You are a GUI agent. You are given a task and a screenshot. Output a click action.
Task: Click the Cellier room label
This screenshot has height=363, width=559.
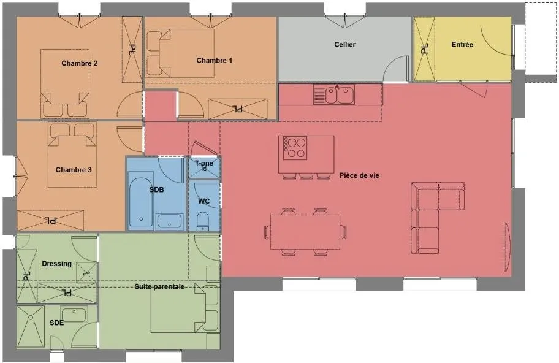pos(344,45)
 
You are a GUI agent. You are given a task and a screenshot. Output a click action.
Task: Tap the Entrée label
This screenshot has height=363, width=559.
pos(462,45)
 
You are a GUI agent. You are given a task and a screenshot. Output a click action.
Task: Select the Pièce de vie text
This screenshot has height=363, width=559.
pos(359,175)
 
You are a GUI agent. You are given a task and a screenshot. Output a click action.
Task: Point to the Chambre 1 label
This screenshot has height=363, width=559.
pos(215,61)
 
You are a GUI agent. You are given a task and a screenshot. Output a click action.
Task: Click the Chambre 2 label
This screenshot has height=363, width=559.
pos(80,64)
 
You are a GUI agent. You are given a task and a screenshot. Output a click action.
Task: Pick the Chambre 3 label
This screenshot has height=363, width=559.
pos(74,170)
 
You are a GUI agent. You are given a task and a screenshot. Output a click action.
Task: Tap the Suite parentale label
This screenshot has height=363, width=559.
pos(159,287)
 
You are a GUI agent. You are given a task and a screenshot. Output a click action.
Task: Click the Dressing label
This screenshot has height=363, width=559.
pos(56,264)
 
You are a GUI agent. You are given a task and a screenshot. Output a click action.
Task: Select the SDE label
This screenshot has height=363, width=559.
pos(56,323)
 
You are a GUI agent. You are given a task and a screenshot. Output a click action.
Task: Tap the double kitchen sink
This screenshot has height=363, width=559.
pos(334,94)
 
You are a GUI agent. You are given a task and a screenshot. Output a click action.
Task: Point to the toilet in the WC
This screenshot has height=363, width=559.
pos(203,221)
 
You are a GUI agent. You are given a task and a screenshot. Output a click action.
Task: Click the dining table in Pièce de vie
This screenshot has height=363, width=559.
pos(305,232)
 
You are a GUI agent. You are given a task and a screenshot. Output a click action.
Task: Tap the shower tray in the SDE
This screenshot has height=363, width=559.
pos(31,327)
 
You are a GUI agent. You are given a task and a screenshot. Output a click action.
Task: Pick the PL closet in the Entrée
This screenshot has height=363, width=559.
pos(424,49)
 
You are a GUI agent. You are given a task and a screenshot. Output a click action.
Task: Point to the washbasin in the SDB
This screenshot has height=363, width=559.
pos(169,221)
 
